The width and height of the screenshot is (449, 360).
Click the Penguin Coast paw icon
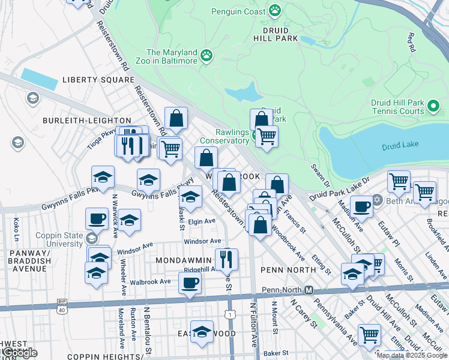click(x=275, y=10)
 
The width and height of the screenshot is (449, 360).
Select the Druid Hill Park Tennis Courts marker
click(x=435, y=107)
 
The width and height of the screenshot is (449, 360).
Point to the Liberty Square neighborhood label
click(x=98, y=80)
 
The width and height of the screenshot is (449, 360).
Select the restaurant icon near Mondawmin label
click(x=226, y=259)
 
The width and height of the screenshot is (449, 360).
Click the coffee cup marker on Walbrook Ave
click(x=190, y=283)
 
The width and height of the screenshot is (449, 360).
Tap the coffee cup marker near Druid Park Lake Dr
click(x=361, y=206)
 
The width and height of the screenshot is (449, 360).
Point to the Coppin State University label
click(x=59, y=239)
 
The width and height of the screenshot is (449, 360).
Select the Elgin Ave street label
click(x=202, y=221)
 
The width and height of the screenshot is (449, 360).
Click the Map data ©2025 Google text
click(x=412, y=355)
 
